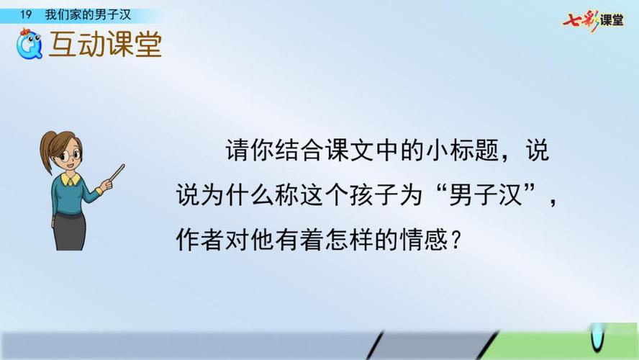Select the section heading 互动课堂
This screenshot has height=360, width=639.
pyautogui.click(x=105, y=45)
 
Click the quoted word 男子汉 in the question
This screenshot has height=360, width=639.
pyautogui.click(x=479, y=195)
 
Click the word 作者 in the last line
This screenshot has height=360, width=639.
pyautogui.click(x=192, y=240)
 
